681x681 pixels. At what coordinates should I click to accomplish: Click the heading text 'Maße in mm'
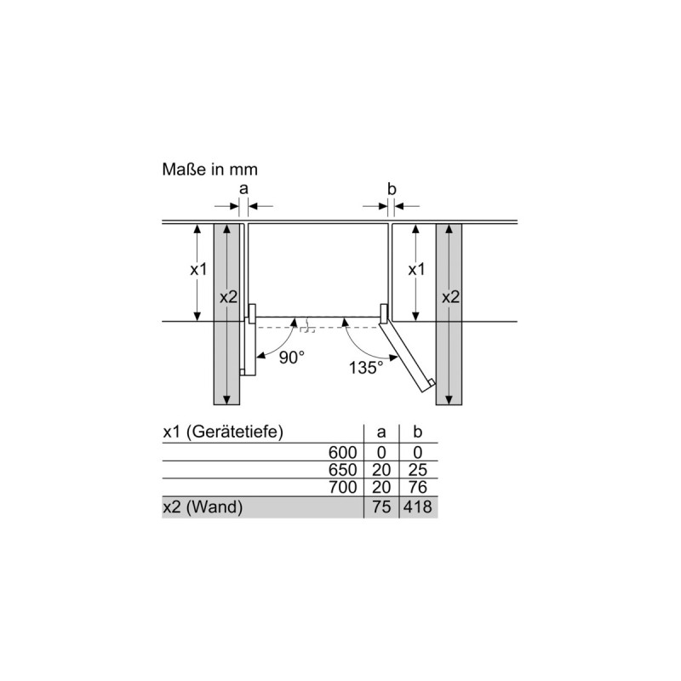(209, 169)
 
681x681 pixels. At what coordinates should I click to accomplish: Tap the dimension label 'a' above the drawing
(243, 188)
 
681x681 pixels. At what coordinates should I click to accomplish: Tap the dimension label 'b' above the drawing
(391, 188)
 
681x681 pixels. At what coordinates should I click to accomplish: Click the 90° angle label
(291, 358)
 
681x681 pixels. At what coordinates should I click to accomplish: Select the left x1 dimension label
(198, 269)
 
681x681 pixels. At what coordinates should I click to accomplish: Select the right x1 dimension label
(416, 269)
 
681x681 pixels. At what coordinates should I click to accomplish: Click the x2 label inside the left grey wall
(228, 297)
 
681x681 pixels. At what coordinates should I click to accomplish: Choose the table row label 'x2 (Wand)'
(203, 508)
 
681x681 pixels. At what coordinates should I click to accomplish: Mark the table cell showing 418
(418, 508)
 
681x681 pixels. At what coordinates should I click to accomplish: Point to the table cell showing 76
(418, 489)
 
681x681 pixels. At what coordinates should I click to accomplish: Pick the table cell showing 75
(381, 508)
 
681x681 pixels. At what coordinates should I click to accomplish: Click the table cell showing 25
(418, 471)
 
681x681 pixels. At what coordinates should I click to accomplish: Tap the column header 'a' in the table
(381, 432)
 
